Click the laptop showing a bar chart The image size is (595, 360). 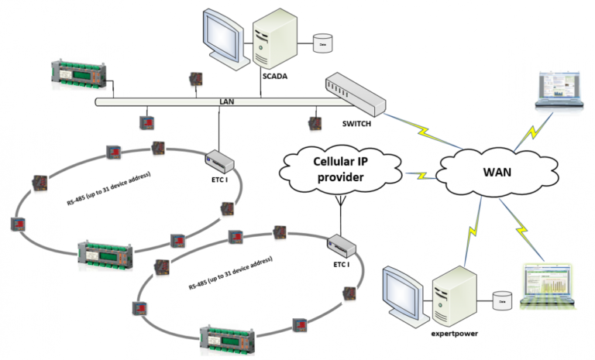(550, 287)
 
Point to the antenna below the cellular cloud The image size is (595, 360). (339, 204)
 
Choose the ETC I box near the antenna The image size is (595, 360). (341, 247)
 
